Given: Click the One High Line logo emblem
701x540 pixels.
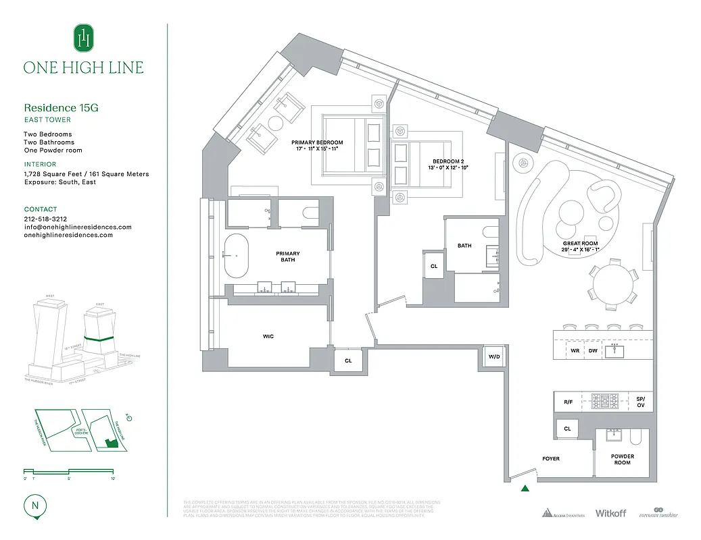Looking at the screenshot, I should pyautogui.click(x=84, y=38).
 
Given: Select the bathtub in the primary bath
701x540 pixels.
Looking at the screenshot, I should pyautogui.click(x=237, y=256).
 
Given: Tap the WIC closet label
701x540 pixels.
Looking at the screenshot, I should pyautogui.click(x=268, y=336).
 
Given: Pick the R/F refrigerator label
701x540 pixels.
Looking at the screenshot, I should pyautogui.click(x=568, y=402).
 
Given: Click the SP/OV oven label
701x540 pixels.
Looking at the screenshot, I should pyautogui.click(x=640, y=402).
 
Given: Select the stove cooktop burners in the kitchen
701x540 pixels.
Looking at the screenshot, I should pyautogui.click(x=605, y=402).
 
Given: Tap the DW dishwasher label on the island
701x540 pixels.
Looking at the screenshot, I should pyautogui.click(x=592, y=350).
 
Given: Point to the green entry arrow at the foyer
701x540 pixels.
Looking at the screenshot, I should pyautogui.click(x=525, y=488).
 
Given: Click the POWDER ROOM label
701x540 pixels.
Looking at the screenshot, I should pyautogui.click(x=622, y=460).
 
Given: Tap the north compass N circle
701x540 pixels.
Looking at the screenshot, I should pyautogui.click(x=34, y=505).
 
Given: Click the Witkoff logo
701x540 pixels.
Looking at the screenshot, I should pyautogui.click(x=610, y=513).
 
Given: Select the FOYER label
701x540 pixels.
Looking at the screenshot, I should pyautogui.click(x=550, y=459).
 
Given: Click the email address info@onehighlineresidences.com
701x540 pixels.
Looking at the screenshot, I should pyautogui.click(x=78, y=227).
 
